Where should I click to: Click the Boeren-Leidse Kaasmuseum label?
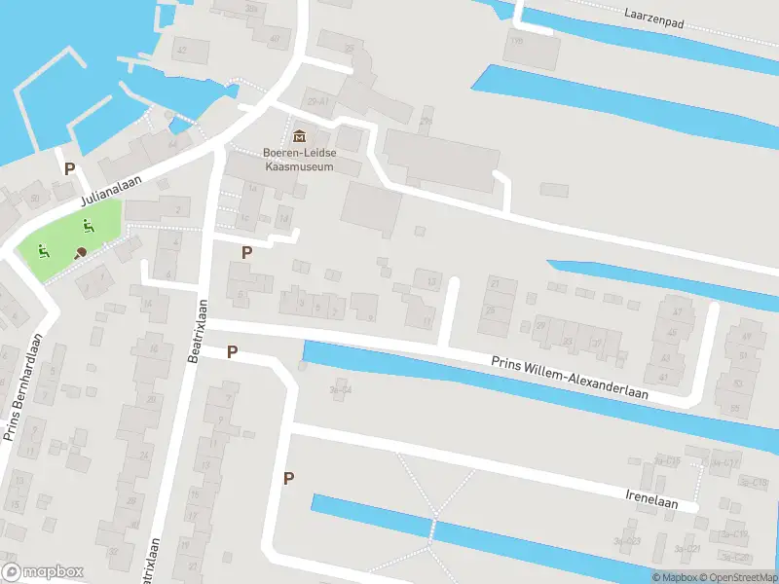coord(298,159)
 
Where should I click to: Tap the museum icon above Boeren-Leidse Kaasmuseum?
coord(298,135)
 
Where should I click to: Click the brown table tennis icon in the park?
coord(80,253)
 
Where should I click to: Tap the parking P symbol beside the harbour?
coord(69,168)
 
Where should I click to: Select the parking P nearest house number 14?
coord(246,251)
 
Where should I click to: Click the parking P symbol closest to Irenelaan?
coord(287,477)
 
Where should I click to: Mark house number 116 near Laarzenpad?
coord(515,41)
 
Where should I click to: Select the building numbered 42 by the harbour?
coord(182,49)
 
